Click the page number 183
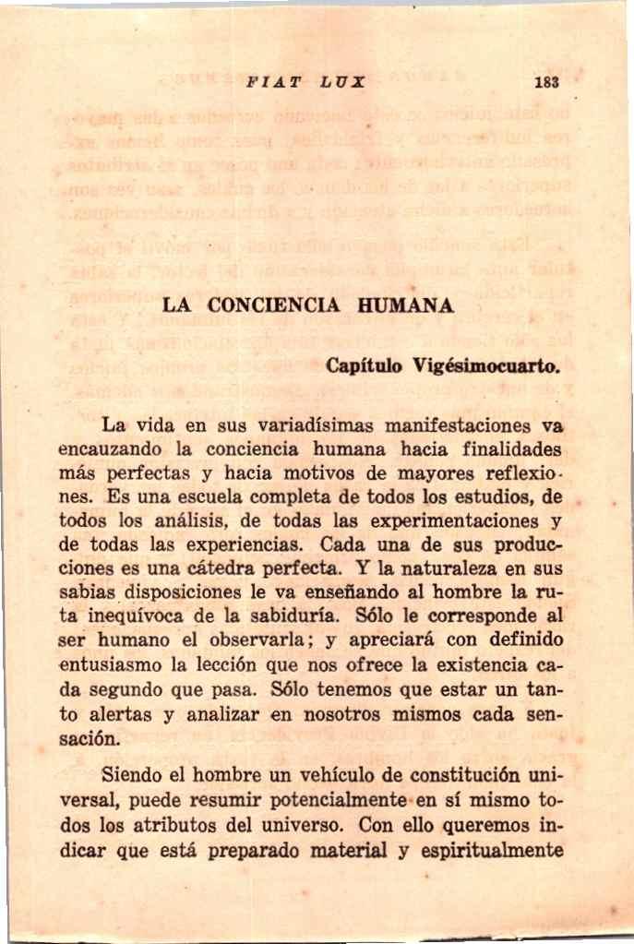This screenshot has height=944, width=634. pyautogui.click(x=546, y=81)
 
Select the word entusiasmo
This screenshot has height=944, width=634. pyautogui.click(x=110, y=664)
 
